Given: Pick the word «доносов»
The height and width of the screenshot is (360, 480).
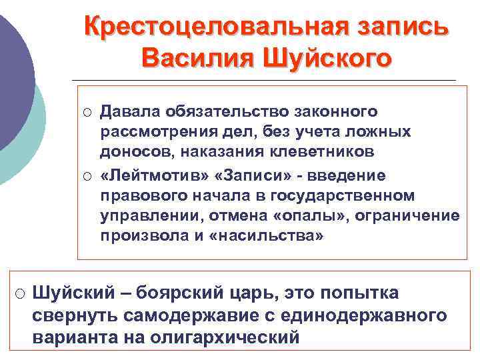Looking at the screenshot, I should pos(133,152).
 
